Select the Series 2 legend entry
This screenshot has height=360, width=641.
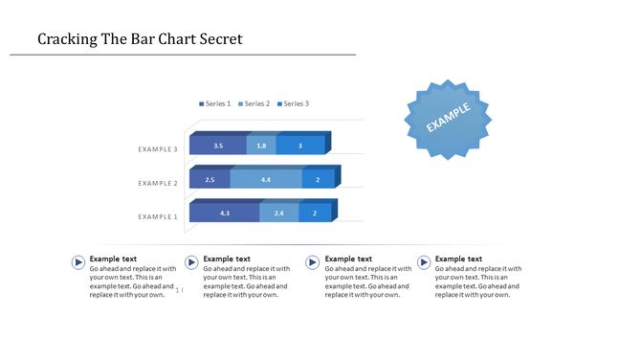coord(254,103)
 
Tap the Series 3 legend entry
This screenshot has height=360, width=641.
coord(293,103)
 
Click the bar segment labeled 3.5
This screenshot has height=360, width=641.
coord(218,146)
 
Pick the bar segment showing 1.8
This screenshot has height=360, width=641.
coord(261,146)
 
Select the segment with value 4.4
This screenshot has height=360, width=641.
coord(266,179)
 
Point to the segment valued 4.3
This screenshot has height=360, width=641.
coord(224,213)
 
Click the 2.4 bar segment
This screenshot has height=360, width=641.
coord(278,213)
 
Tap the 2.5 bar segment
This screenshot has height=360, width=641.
coord(210,179)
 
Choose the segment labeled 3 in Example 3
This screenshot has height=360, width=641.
coord(300,146)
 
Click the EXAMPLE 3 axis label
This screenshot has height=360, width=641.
coord(158,149)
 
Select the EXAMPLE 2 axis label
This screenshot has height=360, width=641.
coord(158,183)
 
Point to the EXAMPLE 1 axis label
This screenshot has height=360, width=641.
coord(158,216)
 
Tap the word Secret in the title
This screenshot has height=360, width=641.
coord(216,39)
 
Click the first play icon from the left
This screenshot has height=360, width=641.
coord(77,262)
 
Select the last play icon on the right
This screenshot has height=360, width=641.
coord(424,262)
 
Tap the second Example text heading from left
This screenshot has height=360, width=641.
coord(227,259)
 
